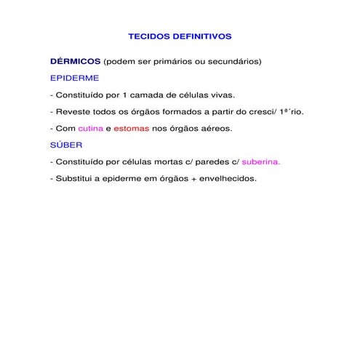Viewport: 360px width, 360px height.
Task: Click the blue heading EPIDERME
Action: tap(75, 77)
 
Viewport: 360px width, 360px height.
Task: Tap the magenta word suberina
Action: tap(260, 161)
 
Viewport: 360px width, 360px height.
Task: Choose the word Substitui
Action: tap(76, 178)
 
